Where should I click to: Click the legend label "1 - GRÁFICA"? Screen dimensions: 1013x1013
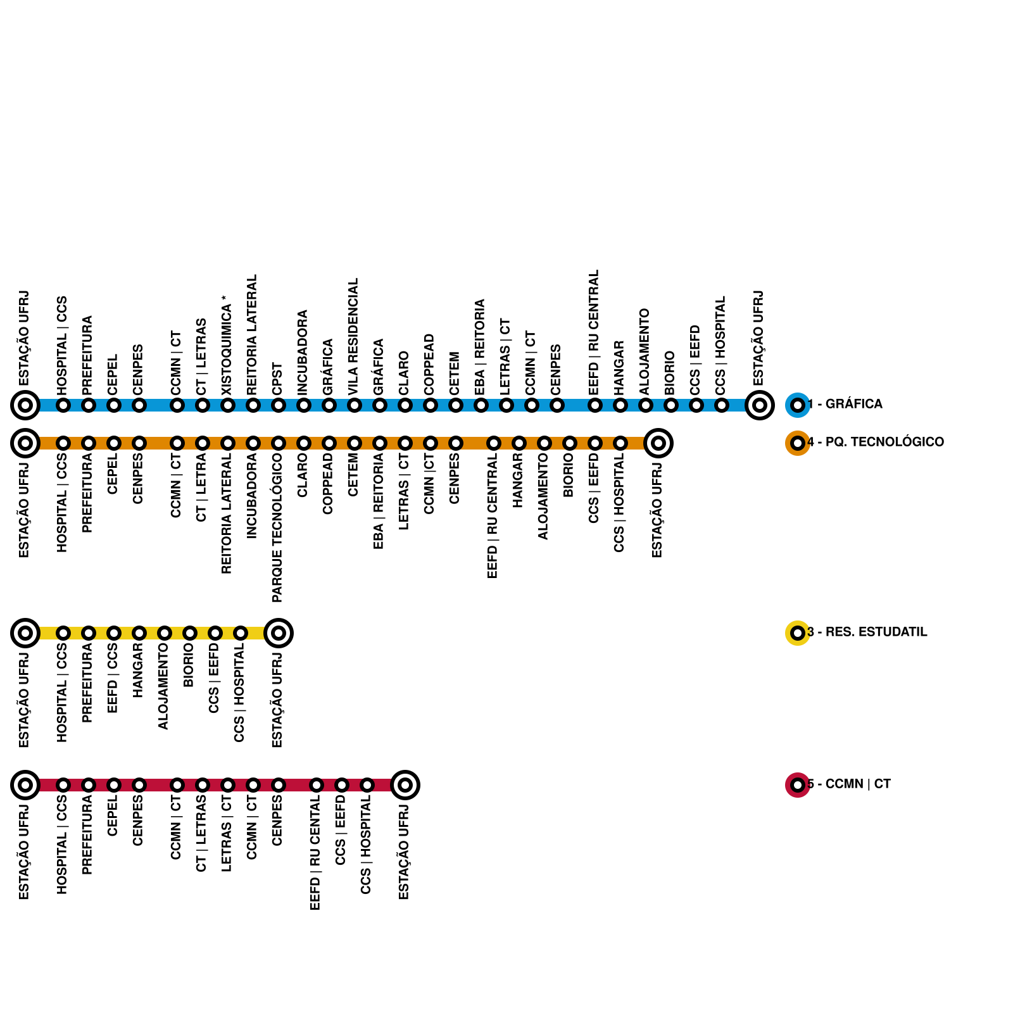(x=845, y=405)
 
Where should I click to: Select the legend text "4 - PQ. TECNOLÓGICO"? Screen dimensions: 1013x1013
(x=876, y=443)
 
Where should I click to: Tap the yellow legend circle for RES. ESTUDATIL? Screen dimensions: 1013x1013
(x=797, y=632)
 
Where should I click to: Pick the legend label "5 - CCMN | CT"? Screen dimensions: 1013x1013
(x=849, y=784)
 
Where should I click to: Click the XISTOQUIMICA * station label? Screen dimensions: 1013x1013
(x=227, y=349)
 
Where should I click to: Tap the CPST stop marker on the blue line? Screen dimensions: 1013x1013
(x=279, y=405)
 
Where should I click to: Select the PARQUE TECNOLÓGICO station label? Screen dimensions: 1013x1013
(x=277, y=527)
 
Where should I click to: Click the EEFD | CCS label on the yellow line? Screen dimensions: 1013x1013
(x=113, y=678)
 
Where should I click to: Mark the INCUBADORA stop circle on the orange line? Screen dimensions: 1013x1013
(x=253, y=443)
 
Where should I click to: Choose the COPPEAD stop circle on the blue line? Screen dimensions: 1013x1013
(x=431, y=405)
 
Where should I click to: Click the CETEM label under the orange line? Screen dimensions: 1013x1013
(x=353, y=475)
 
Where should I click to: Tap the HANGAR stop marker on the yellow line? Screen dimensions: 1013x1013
(x=139, y=633)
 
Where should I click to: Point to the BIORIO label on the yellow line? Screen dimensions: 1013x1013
(x=189, y=665)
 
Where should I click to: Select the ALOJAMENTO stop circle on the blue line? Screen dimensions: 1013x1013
(x=646, y=405)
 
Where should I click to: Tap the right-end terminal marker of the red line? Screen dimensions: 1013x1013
(x=405, y=785)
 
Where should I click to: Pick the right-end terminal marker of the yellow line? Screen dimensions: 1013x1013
(x=279, y=633)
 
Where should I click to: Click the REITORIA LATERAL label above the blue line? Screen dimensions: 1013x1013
(x=252, y=335)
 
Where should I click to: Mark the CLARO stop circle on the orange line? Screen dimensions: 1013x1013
(x=304, y=443)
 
